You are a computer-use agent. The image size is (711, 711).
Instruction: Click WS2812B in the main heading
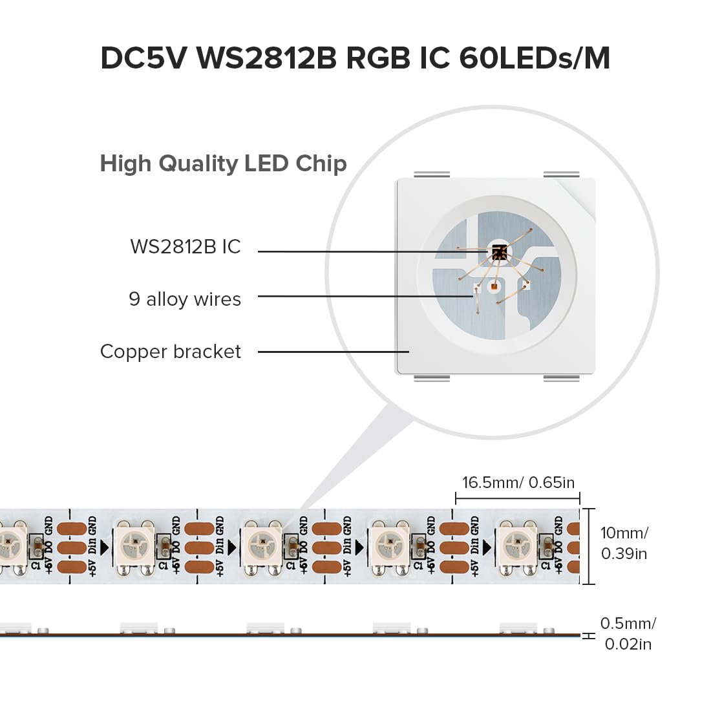click(x=266, y=58)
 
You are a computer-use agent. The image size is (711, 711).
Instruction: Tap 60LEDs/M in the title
click(x=535, y=58)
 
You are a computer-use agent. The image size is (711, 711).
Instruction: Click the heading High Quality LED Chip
click(x=223, y=164)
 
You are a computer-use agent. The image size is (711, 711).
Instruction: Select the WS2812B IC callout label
click(x=185, y=247)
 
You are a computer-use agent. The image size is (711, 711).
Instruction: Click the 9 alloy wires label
click(x=185, y=299)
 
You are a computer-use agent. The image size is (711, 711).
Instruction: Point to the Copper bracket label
click(x=171, y=352)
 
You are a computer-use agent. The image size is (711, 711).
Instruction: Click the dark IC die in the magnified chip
click(x=498, y=252)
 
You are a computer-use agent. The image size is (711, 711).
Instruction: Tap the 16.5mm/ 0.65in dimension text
click(x=518, y=483)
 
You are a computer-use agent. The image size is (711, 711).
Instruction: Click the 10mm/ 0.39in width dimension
click(x=624, y=543)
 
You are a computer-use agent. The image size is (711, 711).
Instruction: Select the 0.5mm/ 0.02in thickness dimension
click(x=627, y=633)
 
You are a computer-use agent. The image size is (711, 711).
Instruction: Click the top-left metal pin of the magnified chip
click(x=431, y=174)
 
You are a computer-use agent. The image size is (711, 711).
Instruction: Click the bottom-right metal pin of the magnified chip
click(x=561, y=378)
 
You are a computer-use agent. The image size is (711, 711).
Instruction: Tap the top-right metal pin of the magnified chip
click(x=561, y=174)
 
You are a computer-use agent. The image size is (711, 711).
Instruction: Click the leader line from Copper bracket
click(x=333, y=352)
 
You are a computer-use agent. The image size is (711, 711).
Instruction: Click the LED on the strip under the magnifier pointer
click(x=263, y=541)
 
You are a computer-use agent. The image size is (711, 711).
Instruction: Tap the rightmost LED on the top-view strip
click(x=517, y=541)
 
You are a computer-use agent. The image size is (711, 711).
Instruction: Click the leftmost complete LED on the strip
click(x=135, y=541)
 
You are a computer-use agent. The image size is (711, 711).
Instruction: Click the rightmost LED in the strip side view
click(x=518, y=627)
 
